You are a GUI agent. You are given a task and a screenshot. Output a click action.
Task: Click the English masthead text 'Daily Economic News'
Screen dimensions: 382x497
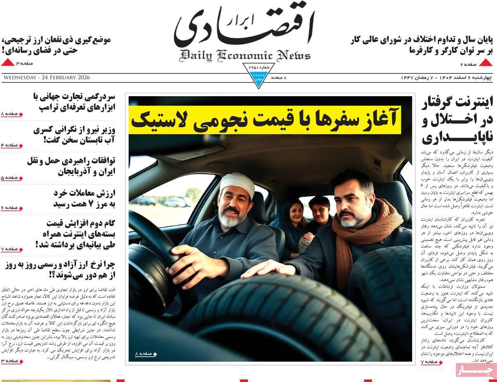245,55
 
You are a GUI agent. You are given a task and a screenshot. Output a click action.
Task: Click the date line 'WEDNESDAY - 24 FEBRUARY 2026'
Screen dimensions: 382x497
46,78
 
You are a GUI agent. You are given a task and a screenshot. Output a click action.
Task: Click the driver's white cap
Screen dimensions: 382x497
237,184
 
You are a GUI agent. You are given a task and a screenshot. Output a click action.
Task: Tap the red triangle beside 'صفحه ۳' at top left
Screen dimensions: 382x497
7,63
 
